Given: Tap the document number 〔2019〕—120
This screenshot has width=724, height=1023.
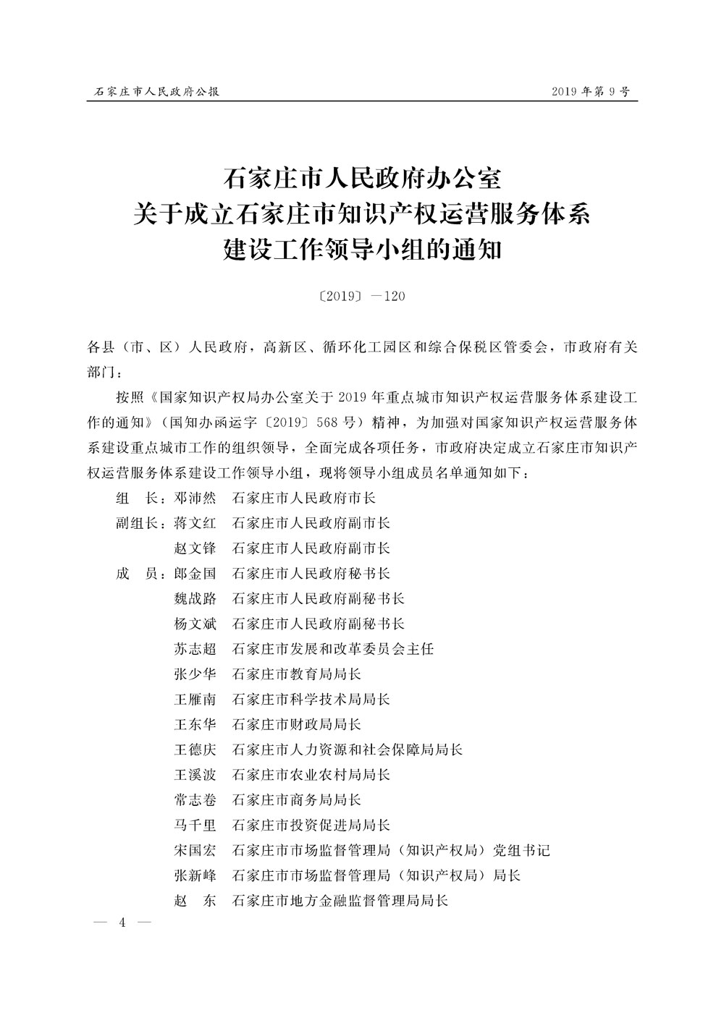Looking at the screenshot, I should pyautogui.click(x=362, y=296).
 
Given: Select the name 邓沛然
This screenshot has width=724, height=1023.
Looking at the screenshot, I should pyautogui.click(x=195, y=498).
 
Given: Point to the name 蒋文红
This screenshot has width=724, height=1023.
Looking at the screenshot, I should pyautogui.click(x=195, y=523).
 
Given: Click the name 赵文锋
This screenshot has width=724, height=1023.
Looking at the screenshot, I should pyautogui.click(x=195, y=548).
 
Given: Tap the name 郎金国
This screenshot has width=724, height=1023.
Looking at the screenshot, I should pyautogui.click(x=195, y=574).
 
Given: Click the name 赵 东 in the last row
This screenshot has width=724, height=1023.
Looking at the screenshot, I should pyautogui.click(x=195, y=901).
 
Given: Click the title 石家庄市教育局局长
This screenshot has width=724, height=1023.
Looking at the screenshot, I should pyautogui.click(x=296, y=674).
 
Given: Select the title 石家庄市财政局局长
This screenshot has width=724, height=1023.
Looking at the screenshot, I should pyautogui.click(x=296, y=725).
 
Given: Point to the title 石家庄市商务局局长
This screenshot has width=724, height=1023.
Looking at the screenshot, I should pyautogui.click(x=296, y=800).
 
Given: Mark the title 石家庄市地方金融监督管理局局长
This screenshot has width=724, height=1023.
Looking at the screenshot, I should pyautogui.click(x=340, y=901).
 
